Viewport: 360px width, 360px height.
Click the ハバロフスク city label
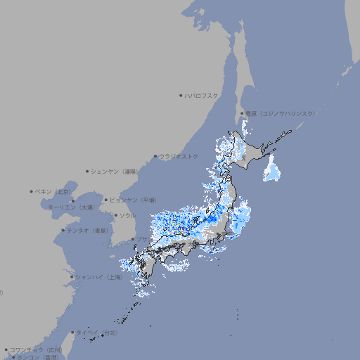point(202,95)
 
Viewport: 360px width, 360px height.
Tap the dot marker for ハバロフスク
point(181,95)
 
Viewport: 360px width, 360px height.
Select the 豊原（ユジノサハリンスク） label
point(281,113)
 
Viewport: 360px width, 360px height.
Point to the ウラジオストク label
point(179,156)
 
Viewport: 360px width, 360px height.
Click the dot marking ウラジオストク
point(155,156)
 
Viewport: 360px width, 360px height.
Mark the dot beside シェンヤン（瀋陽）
point(88,171)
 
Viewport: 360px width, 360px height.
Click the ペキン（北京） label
point(54,191)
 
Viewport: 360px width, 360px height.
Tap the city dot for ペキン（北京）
point(32,191)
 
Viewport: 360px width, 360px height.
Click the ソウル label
point(127,215)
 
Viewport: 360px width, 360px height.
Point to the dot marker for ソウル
point(115,215)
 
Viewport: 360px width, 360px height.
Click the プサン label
point(143,240)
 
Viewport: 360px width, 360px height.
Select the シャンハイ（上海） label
point(98,277)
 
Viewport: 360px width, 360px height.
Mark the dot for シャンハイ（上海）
point(71,277)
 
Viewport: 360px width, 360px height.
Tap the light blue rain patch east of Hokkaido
point(271,169)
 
